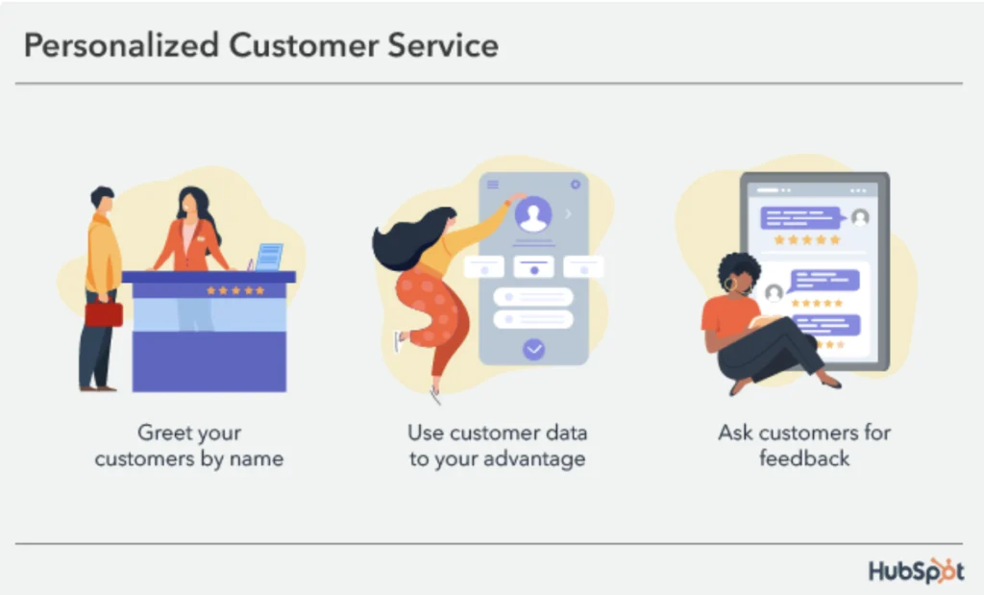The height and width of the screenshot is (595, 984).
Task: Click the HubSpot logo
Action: [916, 570]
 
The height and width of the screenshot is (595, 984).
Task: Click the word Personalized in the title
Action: [118, 45]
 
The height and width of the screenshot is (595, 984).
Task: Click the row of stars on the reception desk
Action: [235, 289]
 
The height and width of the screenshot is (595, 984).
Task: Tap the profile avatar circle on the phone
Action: [532, 214]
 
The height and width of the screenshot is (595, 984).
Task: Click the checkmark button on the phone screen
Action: [533, 349]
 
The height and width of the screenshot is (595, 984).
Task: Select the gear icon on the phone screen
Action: [576, 185]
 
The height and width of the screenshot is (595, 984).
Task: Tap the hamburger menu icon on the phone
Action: [493, 185]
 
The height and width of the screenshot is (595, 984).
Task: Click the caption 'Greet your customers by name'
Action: [189, 445]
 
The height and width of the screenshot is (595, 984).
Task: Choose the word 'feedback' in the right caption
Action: [804, 459]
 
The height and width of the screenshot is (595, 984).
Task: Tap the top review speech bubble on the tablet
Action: [801, 217]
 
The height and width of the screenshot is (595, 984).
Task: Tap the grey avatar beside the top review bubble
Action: [860, 217]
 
